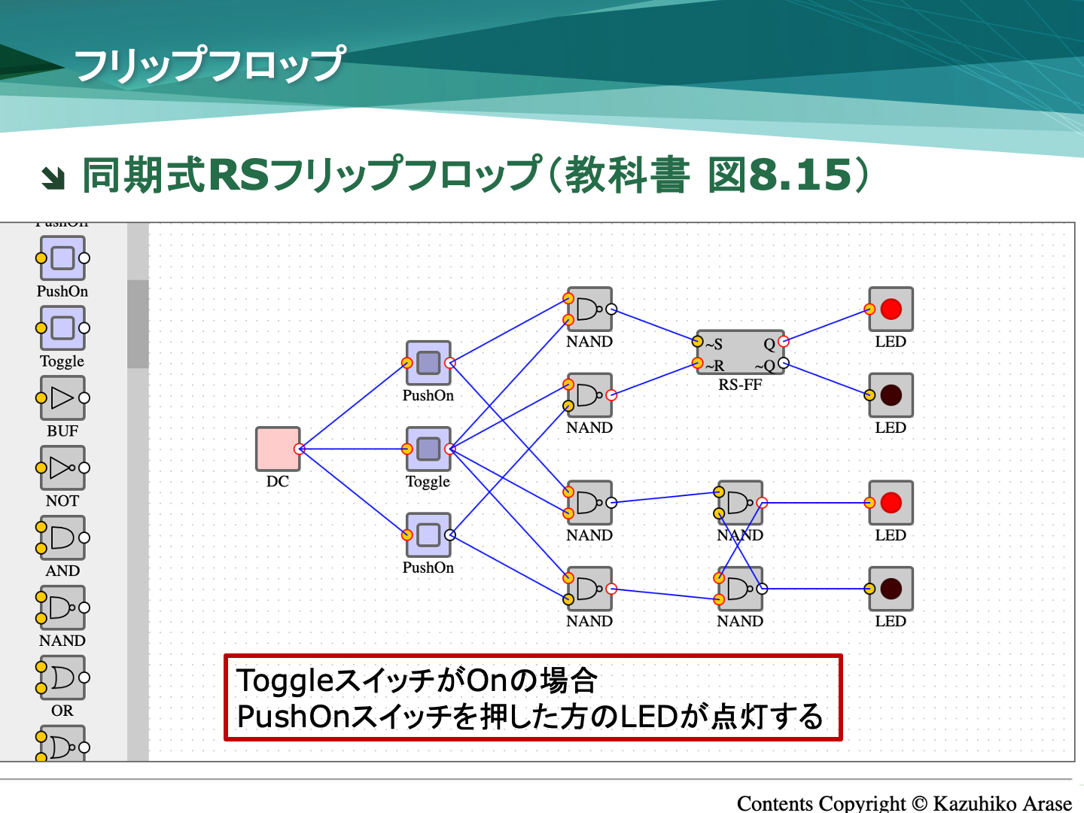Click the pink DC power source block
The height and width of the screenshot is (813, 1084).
[x=278, y=449]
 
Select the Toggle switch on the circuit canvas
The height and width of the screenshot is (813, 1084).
[x=428, y=449]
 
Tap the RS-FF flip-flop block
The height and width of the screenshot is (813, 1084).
[x=741, y=352]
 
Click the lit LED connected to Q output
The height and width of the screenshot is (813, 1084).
[x=891, y=309]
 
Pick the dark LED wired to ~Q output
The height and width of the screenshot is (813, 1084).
[x=891, y=395]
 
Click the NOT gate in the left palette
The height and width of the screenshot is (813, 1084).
[x=62, y=468]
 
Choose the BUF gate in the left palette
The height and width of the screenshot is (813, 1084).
[x=62, y=398]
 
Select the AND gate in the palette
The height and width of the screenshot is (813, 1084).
[x=62, y=538]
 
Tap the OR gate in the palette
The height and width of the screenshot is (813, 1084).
[x=62, y=678]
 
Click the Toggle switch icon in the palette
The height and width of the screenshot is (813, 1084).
[x=62, y=328]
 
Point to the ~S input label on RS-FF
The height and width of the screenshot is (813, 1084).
[x=714, y=344]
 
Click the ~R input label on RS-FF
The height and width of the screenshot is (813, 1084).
[x=714, y=366]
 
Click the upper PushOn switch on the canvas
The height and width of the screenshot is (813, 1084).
[x=428, y=363]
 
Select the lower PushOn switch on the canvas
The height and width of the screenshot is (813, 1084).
[x=428, y=535]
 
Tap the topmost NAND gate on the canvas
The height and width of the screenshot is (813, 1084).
[x=589, y=309]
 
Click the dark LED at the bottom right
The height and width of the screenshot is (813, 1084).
[x=891, y=589]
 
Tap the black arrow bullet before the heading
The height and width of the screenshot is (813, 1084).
[x=53, y=178]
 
